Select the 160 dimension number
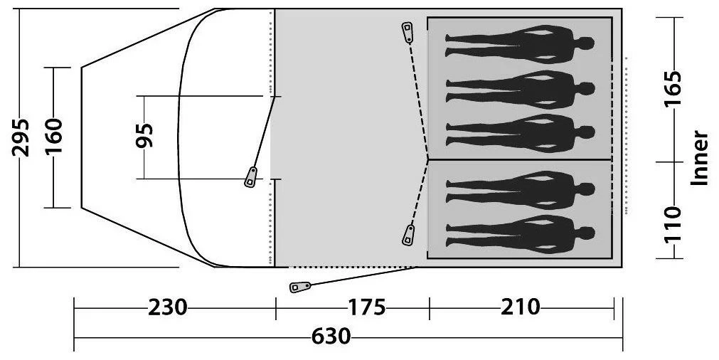53,136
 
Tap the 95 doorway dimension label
145,135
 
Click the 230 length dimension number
167,307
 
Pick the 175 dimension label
366,307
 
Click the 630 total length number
331,337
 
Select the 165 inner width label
673,88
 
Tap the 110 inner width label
673,225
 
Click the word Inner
700,158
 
